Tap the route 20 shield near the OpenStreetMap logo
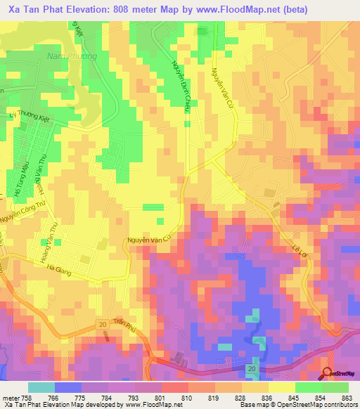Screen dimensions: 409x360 [251, 369]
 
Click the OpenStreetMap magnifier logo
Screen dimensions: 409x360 [328, 373]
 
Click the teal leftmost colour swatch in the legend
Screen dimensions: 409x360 [40, 387]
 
